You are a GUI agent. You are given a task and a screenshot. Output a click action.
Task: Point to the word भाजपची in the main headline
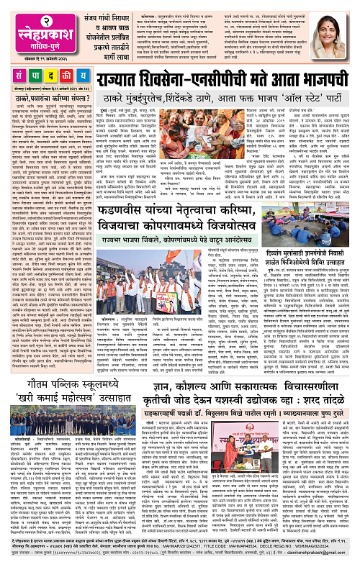pos(317,78)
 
